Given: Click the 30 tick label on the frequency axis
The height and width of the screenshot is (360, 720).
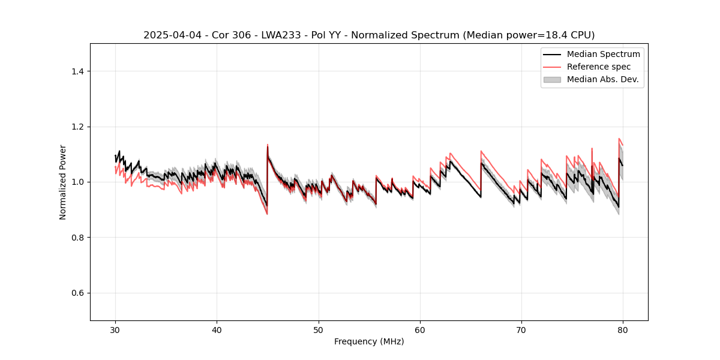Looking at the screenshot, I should point(115,330).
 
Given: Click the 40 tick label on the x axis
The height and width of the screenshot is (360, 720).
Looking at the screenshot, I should point(217,330).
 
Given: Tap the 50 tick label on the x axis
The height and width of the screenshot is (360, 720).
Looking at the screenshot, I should point(319,330).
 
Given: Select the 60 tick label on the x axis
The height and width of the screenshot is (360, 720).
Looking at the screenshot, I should point(420,330).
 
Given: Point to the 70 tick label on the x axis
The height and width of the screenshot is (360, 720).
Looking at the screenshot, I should point(521,330).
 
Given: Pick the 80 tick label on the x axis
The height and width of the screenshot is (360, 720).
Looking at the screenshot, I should point(623,330).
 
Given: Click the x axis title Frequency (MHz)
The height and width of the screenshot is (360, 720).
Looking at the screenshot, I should point(369,342).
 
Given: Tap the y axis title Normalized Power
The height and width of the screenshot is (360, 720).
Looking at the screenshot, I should point(63,182).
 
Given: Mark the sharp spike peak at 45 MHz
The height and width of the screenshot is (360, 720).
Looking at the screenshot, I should point(268,145).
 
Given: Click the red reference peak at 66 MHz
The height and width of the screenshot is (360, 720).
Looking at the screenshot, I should point(481,151).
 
